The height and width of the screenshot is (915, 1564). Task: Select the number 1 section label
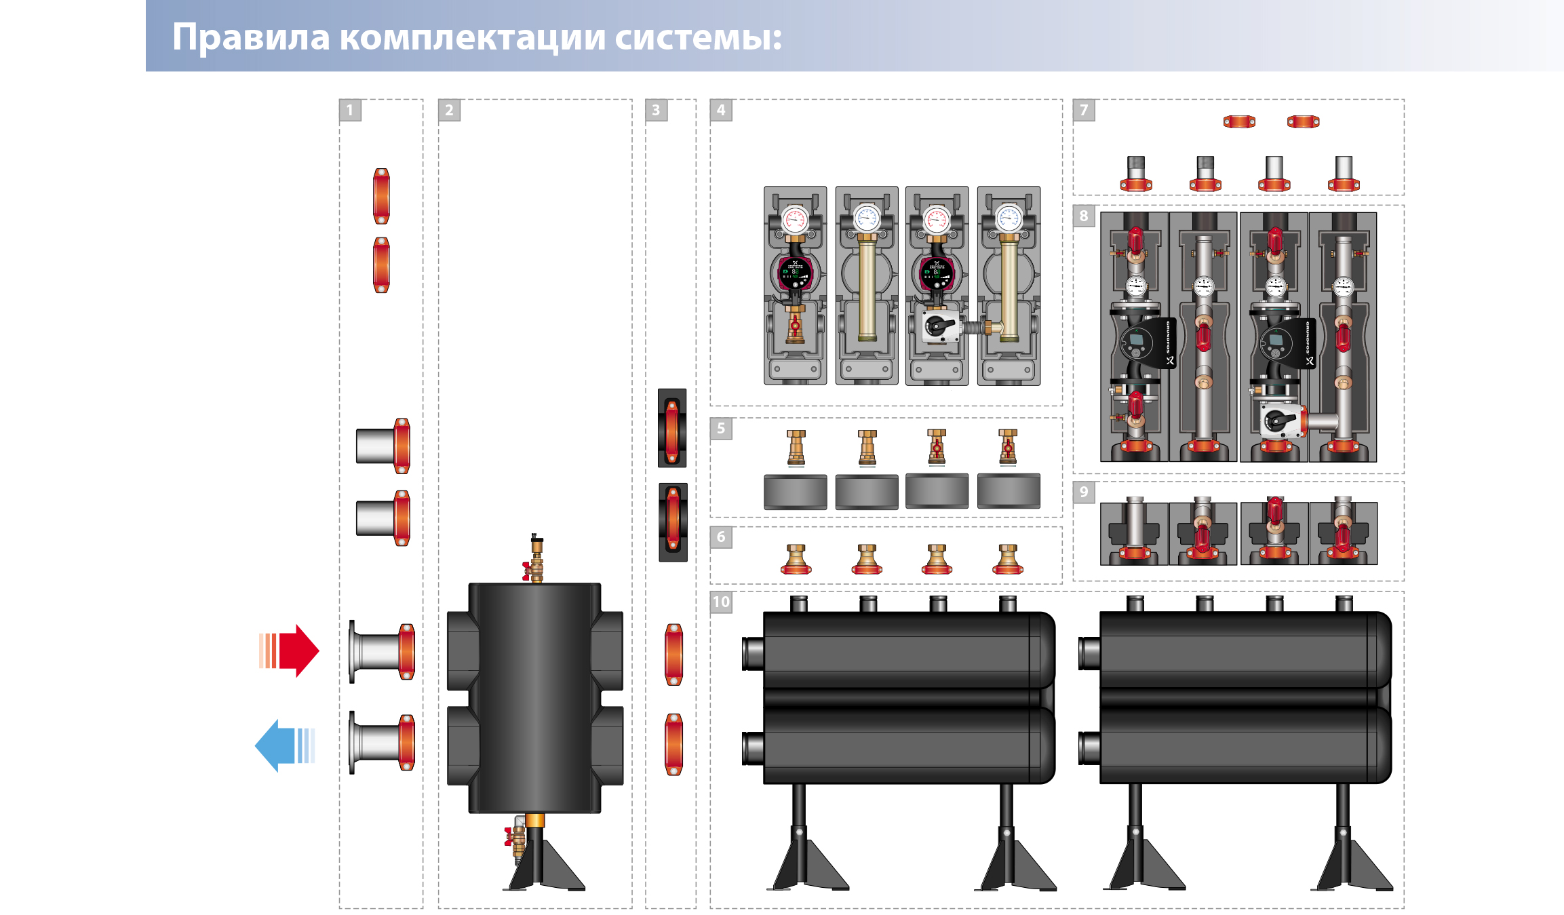click(x=350, y=110)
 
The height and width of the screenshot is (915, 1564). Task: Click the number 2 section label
click(x=449, y=110)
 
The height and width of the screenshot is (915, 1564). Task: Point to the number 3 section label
click(x=656, y=110)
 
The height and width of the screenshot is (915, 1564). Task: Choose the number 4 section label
click(x=721, y=110)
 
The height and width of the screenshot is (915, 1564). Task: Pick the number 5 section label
click(x=721, y=429)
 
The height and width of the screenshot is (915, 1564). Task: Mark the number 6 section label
click(x=721, y=537)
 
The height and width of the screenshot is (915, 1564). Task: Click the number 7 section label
click(x=1084, y=110)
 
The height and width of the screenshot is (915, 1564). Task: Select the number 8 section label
click(x=1084, y=216)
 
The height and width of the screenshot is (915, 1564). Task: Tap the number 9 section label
click(x=1084, y=492)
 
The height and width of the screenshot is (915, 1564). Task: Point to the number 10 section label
click(x=721, y=602)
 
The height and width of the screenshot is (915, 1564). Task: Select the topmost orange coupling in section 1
click(x=381, y=196)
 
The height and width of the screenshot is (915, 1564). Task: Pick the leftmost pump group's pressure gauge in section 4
click(x=795, y=220)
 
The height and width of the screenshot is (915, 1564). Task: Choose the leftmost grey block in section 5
click(x=795, y=492)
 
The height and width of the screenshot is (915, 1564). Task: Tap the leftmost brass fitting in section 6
click(x=796, y=560)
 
